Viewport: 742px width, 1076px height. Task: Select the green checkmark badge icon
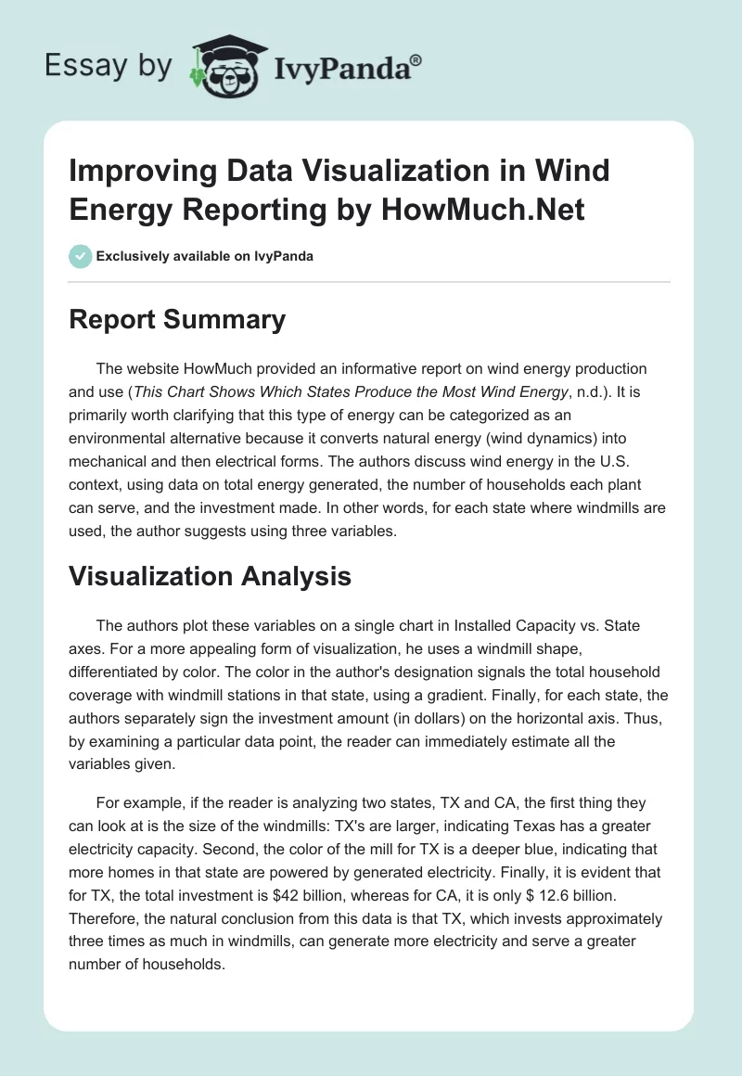point(81,256)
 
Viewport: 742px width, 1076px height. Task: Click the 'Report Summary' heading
point(178,320)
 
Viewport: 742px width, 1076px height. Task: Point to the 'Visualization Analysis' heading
point(211,576)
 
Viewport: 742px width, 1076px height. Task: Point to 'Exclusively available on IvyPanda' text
point(206,257)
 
